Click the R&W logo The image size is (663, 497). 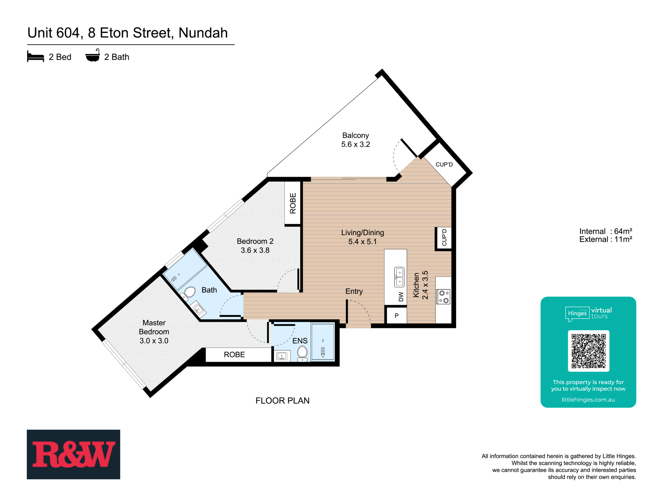tap(73, 454)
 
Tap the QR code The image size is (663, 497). tap(588, 351)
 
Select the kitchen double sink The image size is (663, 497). tap(399, 277)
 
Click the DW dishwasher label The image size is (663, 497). tap(401, 297)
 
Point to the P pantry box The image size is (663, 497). tap(396, 316)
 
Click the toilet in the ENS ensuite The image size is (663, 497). tap(302, 353)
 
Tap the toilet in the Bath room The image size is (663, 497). tap(189, 292)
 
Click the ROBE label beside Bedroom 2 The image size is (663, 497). tap(293, 203)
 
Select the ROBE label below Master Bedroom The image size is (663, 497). tap(234, 355)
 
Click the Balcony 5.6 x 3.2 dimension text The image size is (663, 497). tap(355, 144)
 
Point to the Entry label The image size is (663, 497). tap(354, 291)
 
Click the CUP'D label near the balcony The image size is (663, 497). tap(444, 164)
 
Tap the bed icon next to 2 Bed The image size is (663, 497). tap(35, 57)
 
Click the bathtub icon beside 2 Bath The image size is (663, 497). tap(92, 56)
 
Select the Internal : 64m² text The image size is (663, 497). tap(605, 231)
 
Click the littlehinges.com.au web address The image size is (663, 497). tap(588, 400)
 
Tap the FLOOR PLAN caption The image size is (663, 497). tap(282, 401)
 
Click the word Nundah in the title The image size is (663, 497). tap(203, 33)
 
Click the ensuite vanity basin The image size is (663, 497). tap(282, 356)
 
